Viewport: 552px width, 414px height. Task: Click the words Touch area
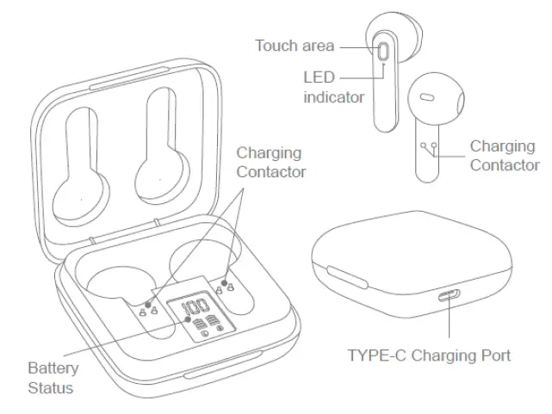295,46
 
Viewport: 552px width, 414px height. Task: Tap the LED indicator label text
333,87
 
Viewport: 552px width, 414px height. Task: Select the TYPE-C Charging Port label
429,355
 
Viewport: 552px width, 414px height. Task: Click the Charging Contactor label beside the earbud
505,156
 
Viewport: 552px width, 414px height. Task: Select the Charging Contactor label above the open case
271,162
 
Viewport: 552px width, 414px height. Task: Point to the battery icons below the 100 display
204,325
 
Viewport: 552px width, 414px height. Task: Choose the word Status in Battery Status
51,387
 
